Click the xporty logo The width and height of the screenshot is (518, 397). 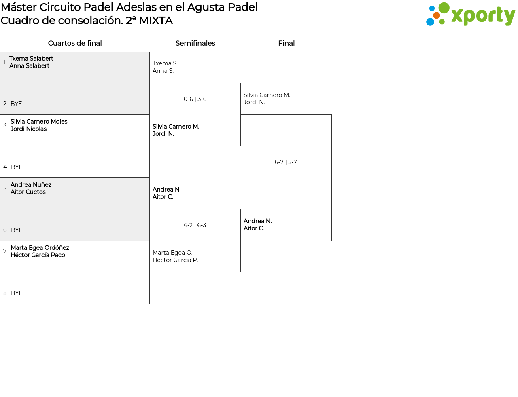coord(470,15)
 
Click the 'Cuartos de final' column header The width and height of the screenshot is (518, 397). coord(75,43)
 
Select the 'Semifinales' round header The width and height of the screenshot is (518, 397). coord(195,43)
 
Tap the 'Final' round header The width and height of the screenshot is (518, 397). coord(286,43)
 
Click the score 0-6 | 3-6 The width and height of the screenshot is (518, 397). coord(195,99)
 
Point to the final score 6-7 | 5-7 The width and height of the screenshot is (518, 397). coord(286,162)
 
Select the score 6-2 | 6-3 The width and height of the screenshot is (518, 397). coord(195,225)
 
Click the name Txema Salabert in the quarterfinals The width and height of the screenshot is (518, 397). coord(31,59)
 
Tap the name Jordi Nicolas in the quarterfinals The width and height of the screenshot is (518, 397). coord(28,129)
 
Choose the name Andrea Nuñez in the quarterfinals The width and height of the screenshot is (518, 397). coord(31,185)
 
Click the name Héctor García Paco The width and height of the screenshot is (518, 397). coord(38,255)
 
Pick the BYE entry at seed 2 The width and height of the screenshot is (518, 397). coord(16,104)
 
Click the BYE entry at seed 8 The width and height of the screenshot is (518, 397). coord(17,293)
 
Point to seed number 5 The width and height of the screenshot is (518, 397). coord(5,188)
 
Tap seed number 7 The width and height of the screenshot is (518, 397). coord(5,251)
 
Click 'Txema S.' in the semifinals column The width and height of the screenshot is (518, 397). coord(165,63)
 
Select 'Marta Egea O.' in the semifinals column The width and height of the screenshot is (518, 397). coord(172,253)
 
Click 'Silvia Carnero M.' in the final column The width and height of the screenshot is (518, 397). coord(267,95)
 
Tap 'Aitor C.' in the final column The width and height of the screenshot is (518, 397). coord(254,228)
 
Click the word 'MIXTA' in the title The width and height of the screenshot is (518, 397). coord(156,21)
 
